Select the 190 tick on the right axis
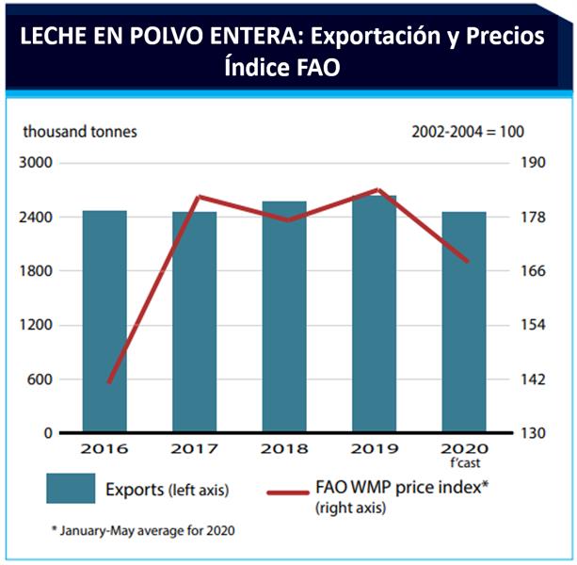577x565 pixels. (x=532, y=163)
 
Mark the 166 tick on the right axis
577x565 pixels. (x=532, y=271)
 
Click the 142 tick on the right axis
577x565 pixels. (x=532, y=379)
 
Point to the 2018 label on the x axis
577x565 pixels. (x=283, y=450)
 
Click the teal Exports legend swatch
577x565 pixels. (x=71, y=489)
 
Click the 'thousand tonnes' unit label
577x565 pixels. (x=80, y=132)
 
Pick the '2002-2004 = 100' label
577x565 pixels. (x=468, y=132)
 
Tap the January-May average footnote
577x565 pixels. (x=142, y=530)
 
